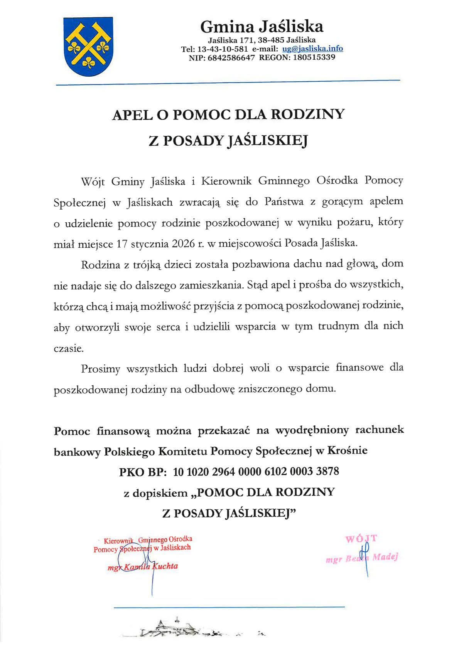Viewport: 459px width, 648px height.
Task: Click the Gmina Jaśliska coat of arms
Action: tap(88, 46)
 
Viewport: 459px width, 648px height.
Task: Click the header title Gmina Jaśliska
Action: tap(262, 27)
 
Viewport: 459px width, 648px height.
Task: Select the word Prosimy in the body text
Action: tap(100, 369)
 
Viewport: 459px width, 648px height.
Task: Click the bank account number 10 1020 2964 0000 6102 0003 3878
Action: tap(256, 471)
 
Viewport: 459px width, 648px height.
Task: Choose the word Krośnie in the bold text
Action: tap(347, 450)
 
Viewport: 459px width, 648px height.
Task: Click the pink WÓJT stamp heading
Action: tap(361, 538)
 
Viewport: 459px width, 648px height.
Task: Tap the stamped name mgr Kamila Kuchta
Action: tap(143, 566)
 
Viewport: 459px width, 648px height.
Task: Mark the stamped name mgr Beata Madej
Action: tap(361, 558)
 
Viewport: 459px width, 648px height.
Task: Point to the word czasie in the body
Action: tap(68, 349)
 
